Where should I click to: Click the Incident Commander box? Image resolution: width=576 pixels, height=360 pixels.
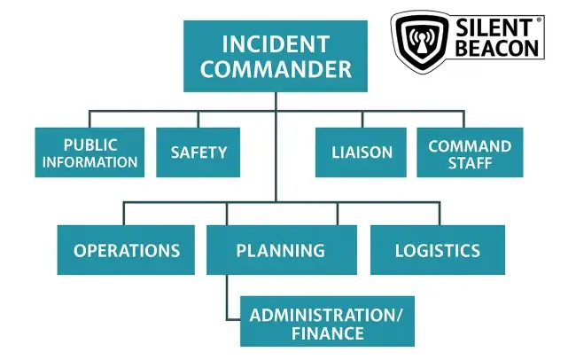(x=276, y=56)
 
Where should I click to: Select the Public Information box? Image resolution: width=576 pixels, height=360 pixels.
(x=90, y=153)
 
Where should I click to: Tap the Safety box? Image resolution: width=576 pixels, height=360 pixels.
(x=198, y=153)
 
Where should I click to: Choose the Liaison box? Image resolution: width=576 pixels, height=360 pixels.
(x=361, y=153)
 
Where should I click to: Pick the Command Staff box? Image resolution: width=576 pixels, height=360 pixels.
(x=470, y=153)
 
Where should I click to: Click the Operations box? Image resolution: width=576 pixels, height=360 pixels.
(x=126, y=250)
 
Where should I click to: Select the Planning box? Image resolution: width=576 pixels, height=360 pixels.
(x=282, y=250)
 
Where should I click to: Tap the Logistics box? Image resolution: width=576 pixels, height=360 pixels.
(x=438, y=250)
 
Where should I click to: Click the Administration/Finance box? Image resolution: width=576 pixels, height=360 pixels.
(x=327, y=321)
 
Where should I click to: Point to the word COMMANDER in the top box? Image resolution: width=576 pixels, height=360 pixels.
(x=276, y=69)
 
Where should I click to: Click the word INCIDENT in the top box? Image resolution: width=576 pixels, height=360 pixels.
(x=276, y=44)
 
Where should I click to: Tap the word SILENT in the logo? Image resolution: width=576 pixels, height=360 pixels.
(x=494, y=27)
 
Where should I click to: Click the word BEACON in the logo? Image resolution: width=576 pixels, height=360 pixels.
(x=497, y=47)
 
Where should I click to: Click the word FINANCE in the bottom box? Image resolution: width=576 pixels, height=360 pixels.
(x=328, y=333)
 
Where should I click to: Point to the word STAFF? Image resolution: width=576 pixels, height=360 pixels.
(x=470, y=163)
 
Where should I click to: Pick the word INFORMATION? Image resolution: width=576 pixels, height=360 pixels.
(x=90, y=161)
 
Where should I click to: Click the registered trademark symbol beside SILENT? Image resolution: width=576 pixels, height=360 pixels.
(x=538, y=20)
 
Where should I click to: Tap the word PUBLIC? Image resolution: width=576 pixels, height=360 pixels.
(x=90, y=145)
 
